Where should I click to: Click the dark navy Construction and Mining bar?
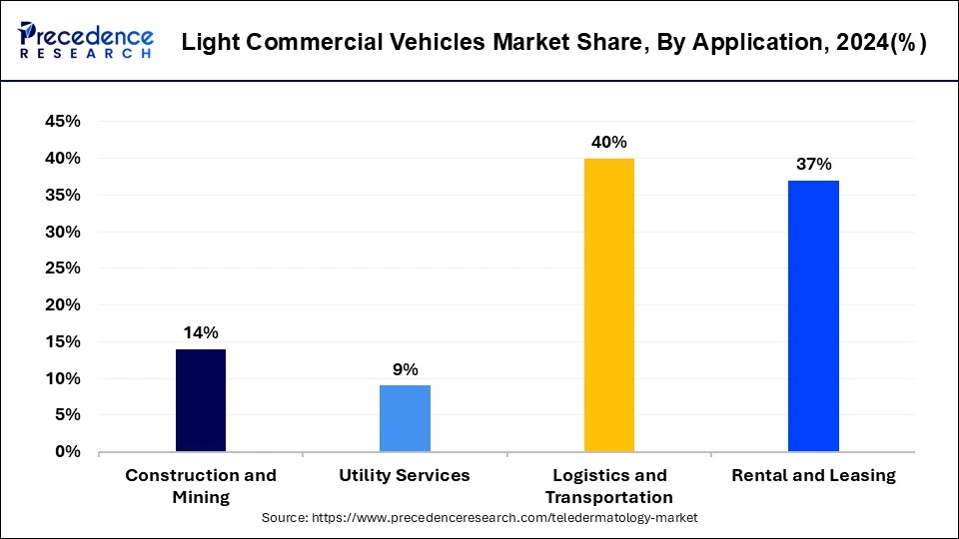click(201, 400)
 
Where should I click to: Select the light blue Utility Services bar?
click(405, 418)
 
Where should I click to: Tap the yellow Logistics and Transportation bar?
click(608, 304)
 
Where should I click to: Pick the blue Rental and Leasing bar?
click(813, 315)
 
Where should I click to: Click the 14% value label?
click(201, 333)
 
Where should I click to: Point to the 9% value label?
click(405, 369)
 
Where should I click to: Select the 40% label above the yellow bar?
click(608, 143)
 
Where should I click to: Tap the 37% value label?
click(813, 165)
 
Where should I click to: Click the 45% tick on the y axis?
click(62, 122)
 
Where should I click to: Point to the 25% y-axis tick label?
click(62, 269)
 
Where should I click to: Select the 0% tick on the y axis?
click(67, 452)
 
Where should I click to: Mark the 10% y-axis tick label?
click(62, 378)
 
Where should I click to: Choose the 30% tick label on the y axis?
click(62, 232)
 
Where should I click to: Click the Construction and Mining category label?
click(201, 486)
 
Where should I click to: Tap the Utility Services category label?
click(405, 476)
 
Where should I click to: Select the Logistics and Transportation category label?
click(608, 486)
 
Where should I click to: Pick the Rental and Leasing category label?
click(813, 476)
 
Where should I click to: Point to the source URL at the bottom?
click(479, 518)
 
